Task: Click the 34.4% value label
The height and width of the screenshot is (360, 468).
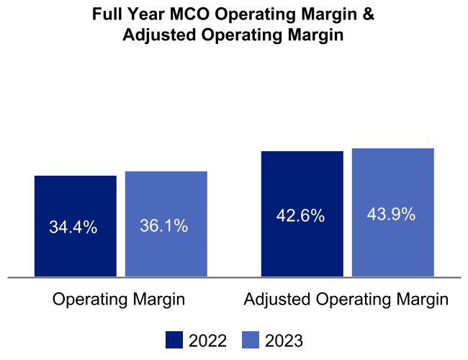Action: pos(73,228)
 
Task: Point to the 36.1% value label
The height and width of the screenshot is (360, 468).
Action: pos(163,226)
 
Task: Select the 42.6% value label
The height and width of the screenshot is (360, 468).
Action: pos(300,215)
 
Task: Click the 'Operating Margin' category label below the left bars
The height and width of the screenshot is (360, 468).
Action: pos(119,300)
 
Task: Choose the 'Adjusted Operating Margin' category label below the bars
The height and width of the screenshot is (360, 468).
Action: pos(346,300)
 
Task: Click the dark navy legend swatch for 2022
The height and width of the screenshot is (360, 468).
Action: pos(174,340)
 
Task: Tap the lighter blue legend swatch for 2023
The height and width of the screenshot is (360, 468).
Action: pos(250,340)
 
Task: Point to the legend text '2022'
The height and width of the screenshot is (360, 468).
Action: pos(207,341)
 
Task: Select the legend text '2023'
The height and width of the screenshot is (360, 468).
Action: pos(284,341)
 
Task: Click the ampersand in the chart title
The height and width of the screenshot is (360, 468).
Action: pos(368,14)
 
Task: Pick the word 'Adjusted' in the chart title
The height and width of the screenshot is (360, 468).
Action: pos(153,36)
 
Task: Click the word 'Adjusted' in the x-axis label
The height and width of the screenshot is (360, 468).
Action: pos(274,300)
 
